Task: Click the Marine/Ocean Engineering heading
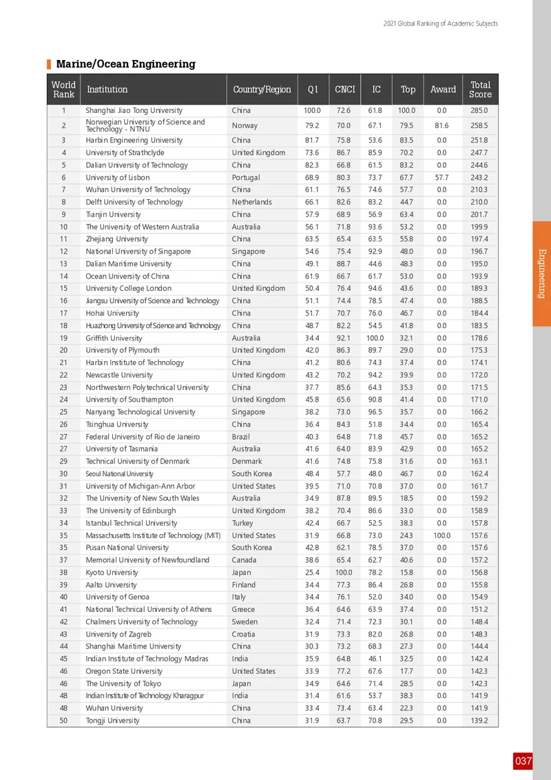[125, 64]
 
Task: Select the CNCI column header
[344, 89]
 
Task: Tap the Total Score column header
[480, 89]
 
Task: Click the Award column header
[443, 89]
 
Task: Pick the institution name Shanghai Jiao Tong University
[134, 110]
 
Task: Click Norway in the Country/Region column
[245, 125]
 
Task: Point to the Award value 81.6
[442, 125]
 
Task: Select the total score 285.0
[479, 110]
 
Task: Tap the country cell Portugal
[247, 177]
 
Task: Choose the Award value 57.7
[442, 177]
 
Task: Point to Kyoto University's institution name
[112, 572]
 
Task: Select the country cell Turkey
[242, 523]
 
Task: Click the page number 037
[523, 761]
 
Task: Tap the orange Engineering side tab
[541, 273]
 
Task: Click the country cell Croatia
[244, 634]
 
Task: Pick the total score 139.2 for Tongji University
[479, 720]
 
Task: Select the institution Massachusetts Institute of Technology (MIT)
[154, 535]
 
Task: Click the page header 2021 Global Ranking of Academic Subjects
[440, 23]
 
